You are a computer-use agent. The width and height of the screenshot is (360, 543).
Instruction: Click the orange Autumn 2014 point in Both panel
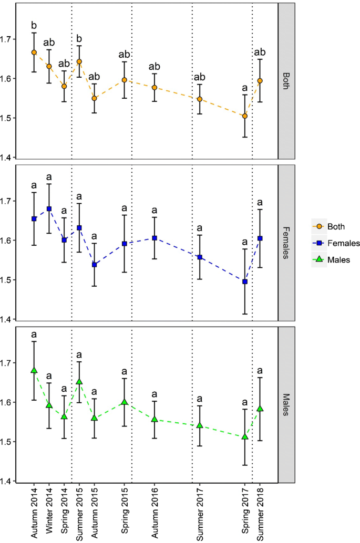34,53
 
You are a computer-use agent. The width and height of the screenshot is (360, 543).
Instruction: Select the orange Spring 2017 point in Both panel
245,116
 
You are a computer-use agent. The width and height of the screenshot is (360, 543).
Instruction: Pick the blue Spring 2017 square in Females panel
245,281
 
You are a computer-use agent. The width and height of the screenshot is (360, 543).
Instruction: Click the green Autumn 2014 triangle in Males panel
34,370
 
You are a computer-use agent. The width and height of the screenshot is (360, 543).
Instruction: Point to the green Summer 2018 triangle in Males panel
260,408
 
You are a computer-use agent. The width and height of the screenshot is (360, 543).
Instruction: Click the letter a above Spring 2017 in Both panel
245,87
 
